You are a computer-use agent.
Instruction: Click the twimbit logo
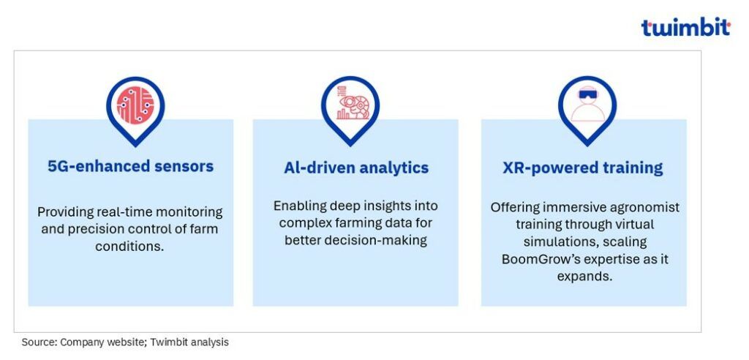tap(685, 27)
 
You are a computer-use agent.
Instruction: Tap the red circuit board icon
tap(135, 105)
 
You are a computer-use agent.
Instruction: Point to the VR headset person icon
tap(587, 105)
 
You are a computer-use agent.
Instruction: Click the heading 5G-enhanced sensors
tap(130, 166)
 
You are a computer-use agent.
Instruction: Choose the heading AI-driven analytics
tap(356, 168)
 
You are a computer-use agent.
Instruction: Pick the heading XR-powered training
tap(583, 168)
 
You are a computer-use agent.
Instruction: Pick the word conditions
tap(129, 246)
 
